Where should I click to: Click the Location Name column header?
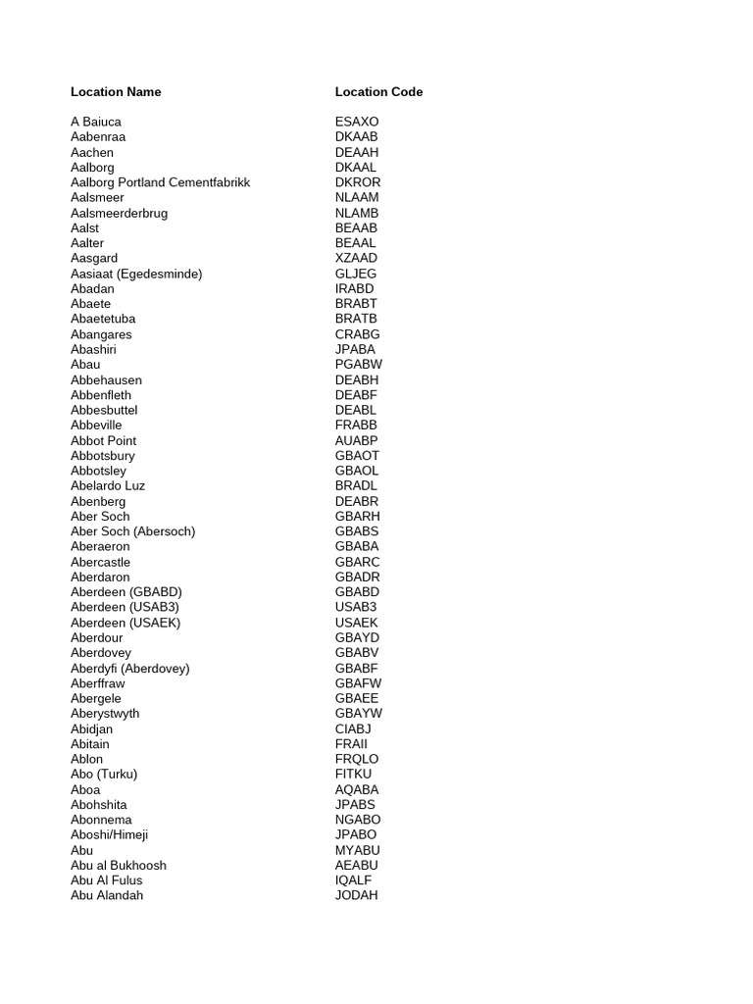(x=116, y=92)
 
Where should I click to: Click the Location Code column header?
(x=378, y=92)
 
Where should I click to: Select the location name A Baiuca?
(x=96, y=122)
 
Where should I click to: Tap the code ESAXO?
(x=357, y=122)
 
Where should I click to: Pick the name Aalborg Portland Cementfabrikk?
(x=160, y=182)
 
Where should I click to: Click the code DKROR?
(x=358, y=182)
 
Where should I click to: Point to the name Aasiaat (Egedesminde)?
(x=136, y=274)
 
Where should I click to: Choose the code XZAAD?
(x=356, y=259)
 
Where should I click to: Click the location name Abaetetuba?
(x=103, y=319)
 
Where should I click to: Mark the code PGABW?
(x=359, y=365)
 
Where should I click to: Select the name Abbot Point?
(x=104, y=440)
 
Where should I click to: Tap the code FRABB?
(x=356, y=426)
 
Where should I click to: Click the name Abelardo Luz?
(x=108, y=485)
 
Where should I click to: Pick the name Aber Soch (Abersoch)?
(x=133, y=531)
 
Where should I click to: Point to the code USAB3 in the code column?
(x=356, y=607)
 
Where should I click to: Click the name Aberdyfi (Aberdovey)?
(x=130, y=668)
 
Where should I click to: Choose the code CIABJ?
(x=353, y=728)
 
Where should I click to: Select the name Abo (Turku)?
(x=104, y=774)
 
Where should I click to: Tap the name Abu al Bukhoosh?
(x=119, y=865)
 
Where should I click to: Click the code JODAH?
(x=356, y=895)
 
